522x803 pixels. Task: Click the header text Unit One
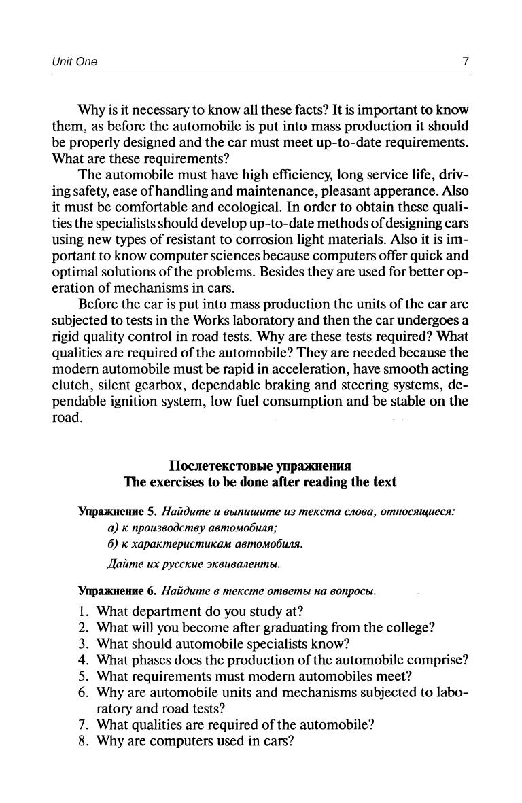tap(75, 62)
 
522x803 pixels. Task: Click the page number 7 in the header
tap(465, 62)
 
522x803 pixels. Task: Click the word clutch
tap(71, 385)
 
